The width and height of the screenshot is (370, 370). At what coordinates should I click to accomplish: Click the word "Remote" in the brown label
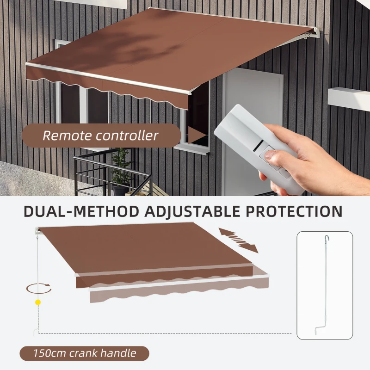(67, 136)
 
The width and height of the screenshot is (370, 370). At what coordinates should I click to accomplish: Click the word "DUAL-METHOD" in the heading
(81, 211)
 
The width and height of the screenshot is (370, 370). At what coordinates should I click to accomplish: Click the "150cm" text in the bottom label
(49, 354)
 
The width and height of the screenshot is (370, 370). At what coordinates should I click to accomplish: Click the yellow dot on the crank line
(38, 302)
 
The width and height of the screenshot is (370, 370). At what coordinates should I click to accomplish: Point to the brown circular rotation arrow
(38, 288)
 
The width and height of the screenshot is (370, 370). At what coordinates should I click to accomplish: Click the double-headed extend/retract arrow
(238, 240)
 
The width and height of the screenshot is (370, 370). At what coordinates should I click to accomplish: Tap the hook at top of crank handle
(327, 238)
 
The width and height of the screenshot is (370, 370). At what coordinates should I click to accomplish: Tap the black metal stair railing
(111, 173)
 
